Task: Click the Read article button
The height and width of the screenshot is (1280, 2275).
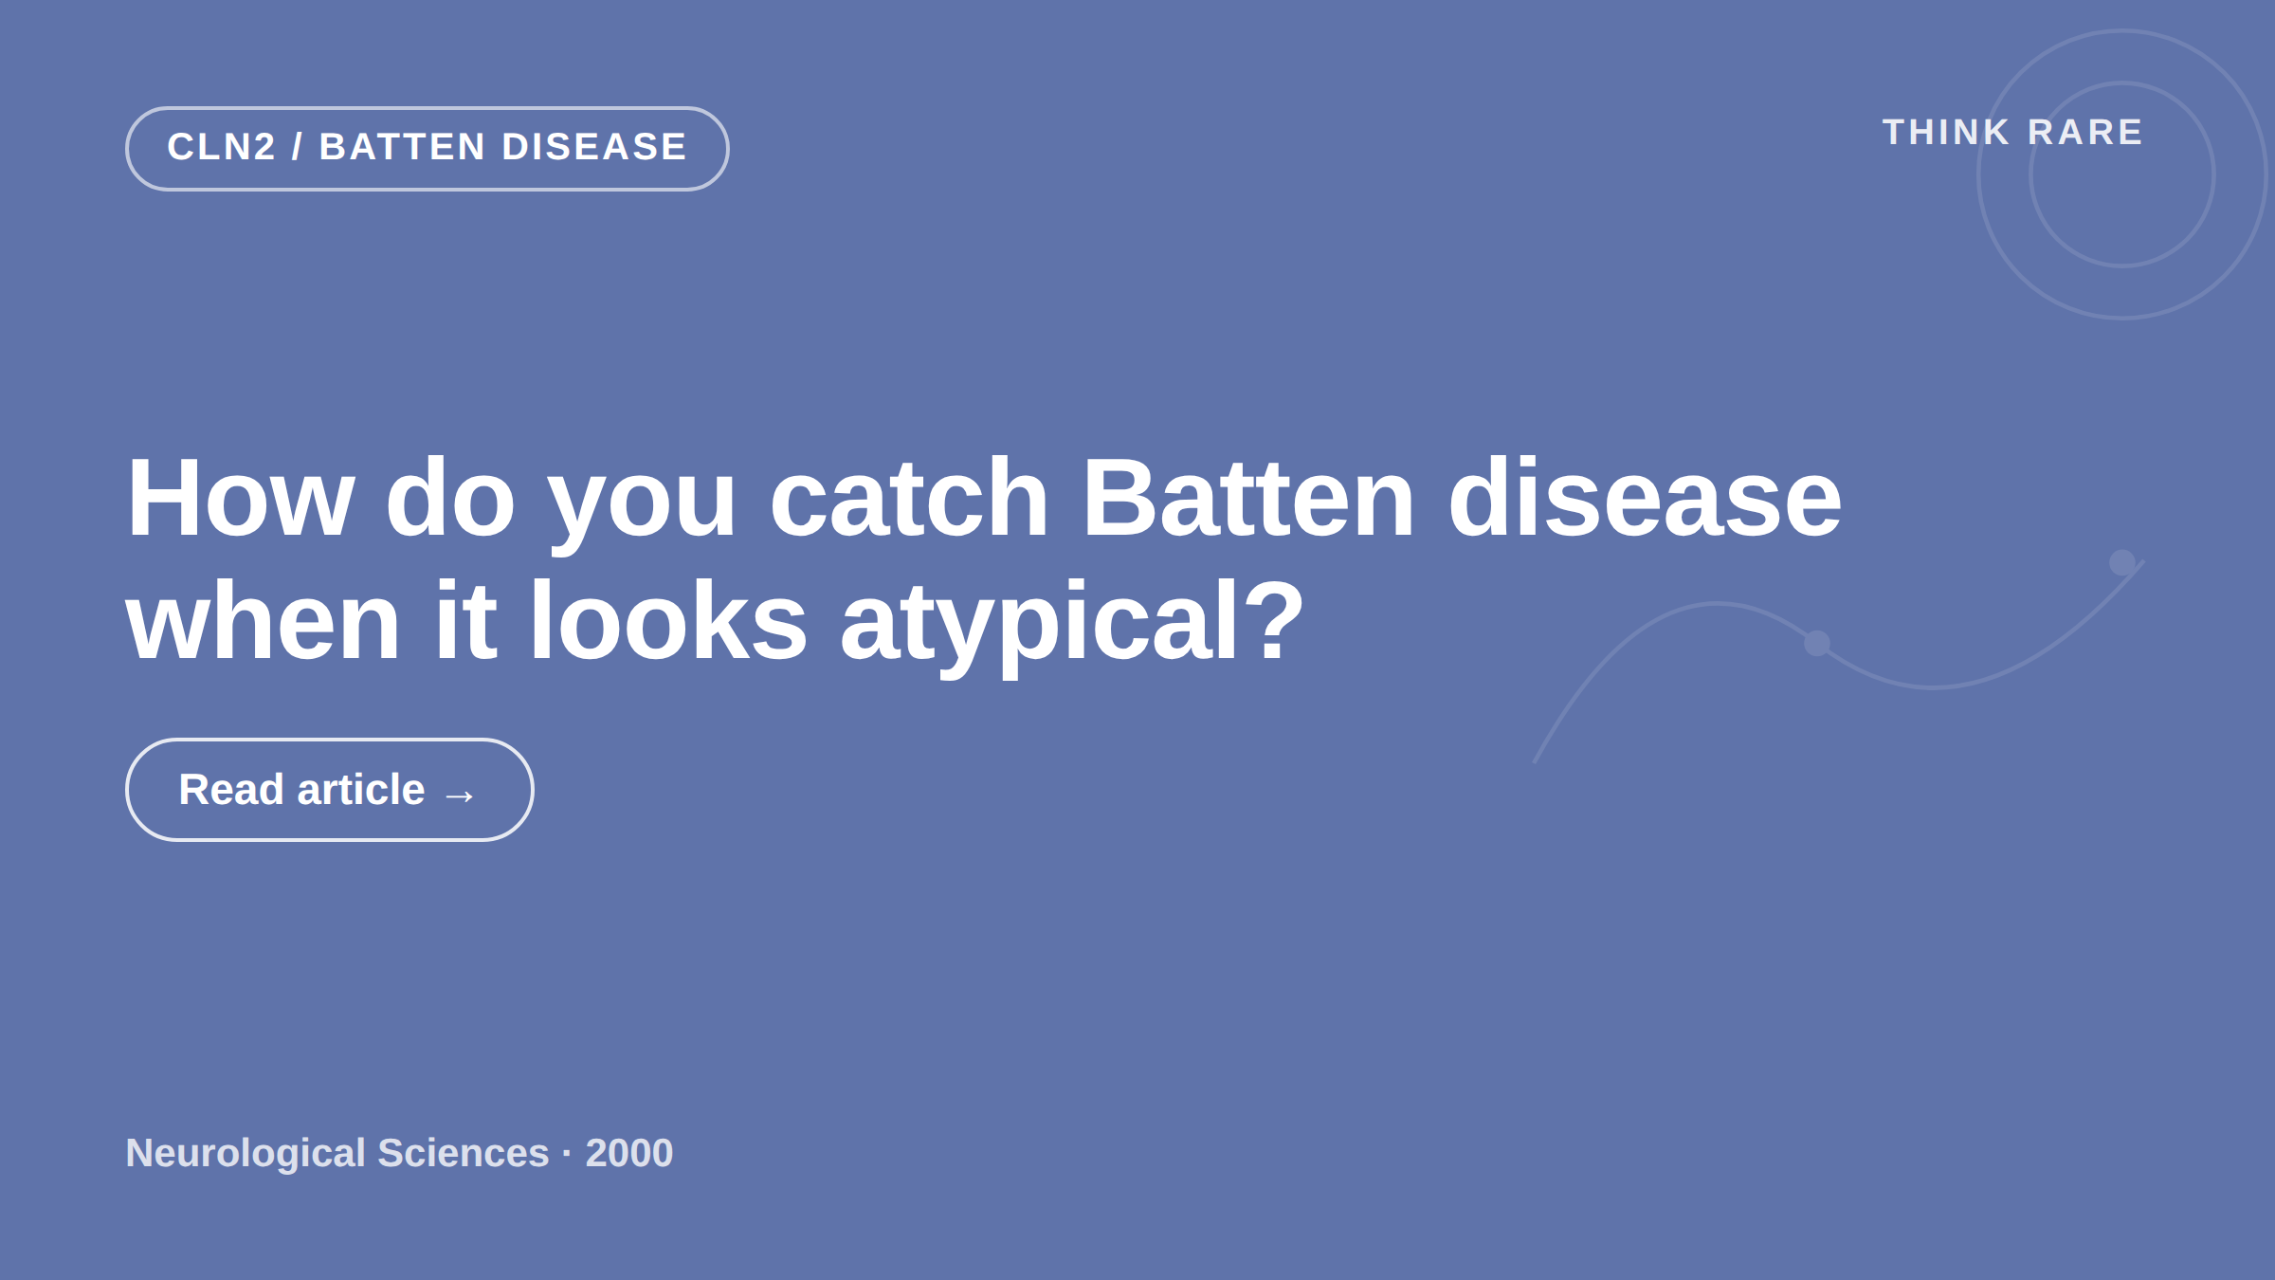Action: pyautogui.click(x=329, y=790)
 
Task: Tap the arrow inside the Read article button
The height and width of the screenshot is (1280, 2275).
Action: pyautogui.click(x=460, y=795)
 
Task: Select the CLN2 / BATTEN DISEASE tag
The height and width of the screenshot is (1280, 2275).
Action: pyautogui.click(x=427, y=149)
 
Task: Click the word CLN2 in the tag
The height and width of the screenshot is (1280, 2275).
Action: pyautogui.click(x=222, y=147)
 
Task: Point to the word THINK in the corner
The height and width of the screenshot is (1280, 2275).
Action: pyautogui.click(x=1946, y=133)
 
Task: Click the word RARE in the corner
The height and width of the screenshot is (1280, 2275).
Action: pyautogui.click(x=2085, y=133)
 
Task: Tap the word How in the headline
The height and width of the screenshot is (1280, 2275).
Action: pyautogui.click(x=241, y=498)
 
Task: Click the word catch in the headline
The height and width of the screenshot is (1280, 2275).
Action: pyautogui.click(x=909, y=498)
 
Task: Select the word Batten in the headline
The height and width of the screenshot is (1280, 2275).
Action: pyautogui.click(x=1248, y=498)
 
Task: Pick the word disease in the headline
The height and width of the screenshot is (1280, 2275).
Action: pyautogui.click(x=1645, y=498)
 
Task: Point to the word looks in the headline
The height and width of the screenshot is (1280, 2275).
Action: pyautogui.click(x=668, y=621)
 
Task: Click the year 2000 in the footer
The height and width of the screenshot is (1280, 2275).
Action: pyautogui.click(x=629, y=1153)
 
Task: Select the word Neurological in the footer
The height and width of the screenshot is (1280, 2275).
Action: pyautogui.click(x=246, y=1154)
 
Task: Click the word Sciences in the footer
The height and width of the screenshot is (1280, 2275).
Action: pyautogui.click(x=464, y=1153)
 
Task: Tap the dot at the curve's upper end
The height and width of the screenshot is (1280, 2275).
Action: pyautogui.click(x=2122, y=562)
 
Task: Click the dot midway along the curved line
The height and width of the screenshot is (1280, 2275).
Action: pyautogui.click(x=1817, y=643)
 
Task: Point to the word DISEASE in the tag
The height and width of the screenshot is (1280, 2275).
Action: pyautogui.click(x=594, y=147)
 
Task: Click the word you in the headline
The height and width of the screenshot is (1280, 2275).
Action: pyautogui.click(x=642, y=507)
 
